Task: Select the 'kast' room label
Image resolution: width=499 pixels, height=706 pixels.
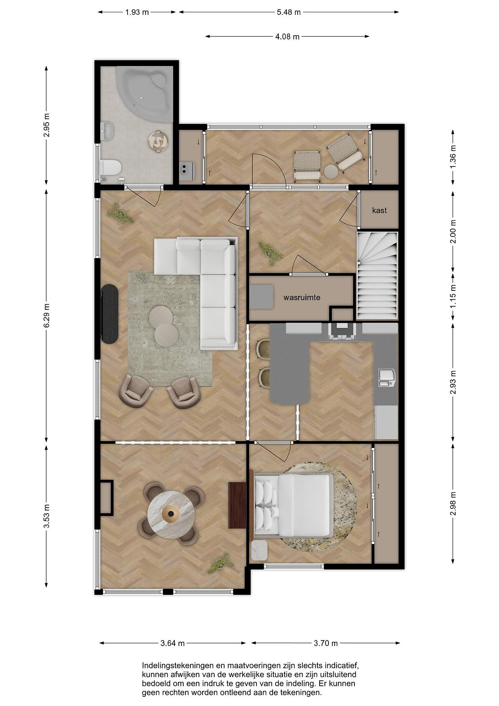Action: click(x=379, y=210)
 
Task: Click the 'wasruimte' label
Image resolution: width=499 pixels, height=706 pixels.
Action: click(x=302, y=297)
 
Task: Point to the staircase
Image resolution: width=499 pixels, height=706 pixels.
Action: click(x=377, y=276)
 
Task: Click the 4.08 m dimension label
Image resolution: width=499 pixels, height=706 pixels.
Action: click(x=287, y=37)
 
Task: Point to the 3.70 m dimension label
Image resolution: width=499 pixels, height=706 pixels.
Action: click(x=326, y=643)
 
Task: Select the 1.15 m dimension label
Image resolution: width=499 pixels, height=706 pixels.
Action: click(x=453, y=296)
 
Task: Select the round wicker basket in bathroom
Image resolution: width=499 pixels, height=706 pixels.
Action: click(x=158, y=141)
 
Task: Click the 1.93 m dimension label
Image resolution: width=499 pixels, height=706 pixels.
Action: click(x=137, y=12)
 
